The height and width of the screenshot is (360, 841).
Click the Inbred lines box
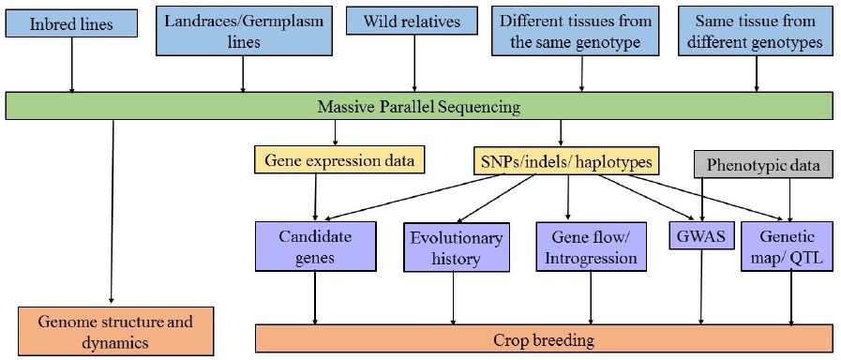pyautogui.click(x=71, y=24)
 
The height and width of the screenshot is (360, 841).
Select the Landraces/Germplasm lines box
pyautogui.click(x=244, y=31)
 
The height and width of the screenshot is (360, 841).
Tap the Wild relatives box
pyautogui.click(x=412, y=22)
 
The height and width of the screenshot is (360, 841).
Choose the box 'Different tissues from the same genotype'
pyautogui.click(x=575, y=31)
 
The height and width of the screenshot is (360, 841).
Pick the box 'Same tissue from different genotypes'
pyautogui.click(x=758, y=31)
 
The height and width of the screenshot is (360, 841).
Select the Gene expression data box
pyautogui.click(x=339, y=160)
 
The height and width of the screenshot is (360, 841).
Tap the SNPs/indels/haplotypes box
pyautogui.click(x=566, y=161)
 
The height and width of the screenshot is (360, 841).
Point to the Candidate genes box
pyautogui.click(x=315, y=247)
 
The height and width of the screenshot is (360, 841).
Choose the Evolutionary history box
pyautogui.click(x=457, y=248)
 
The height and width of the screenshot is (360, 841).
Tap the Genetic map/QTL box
pyautogui.click(x=787, y=247)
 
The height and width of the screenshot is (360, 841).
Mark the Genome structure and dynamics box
pyautogui.click(x=116, y=331)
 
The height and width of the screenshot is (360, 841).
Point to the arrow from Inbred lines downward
pyautogui.click(x=71, y=65)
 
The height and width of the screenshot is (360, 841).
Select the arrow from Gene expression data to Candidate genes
pyautogui.click(x=315, y=198)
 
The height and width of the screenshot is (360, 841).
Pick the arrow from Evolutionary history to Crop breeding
pyautogui.click(x=454, y=298)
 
